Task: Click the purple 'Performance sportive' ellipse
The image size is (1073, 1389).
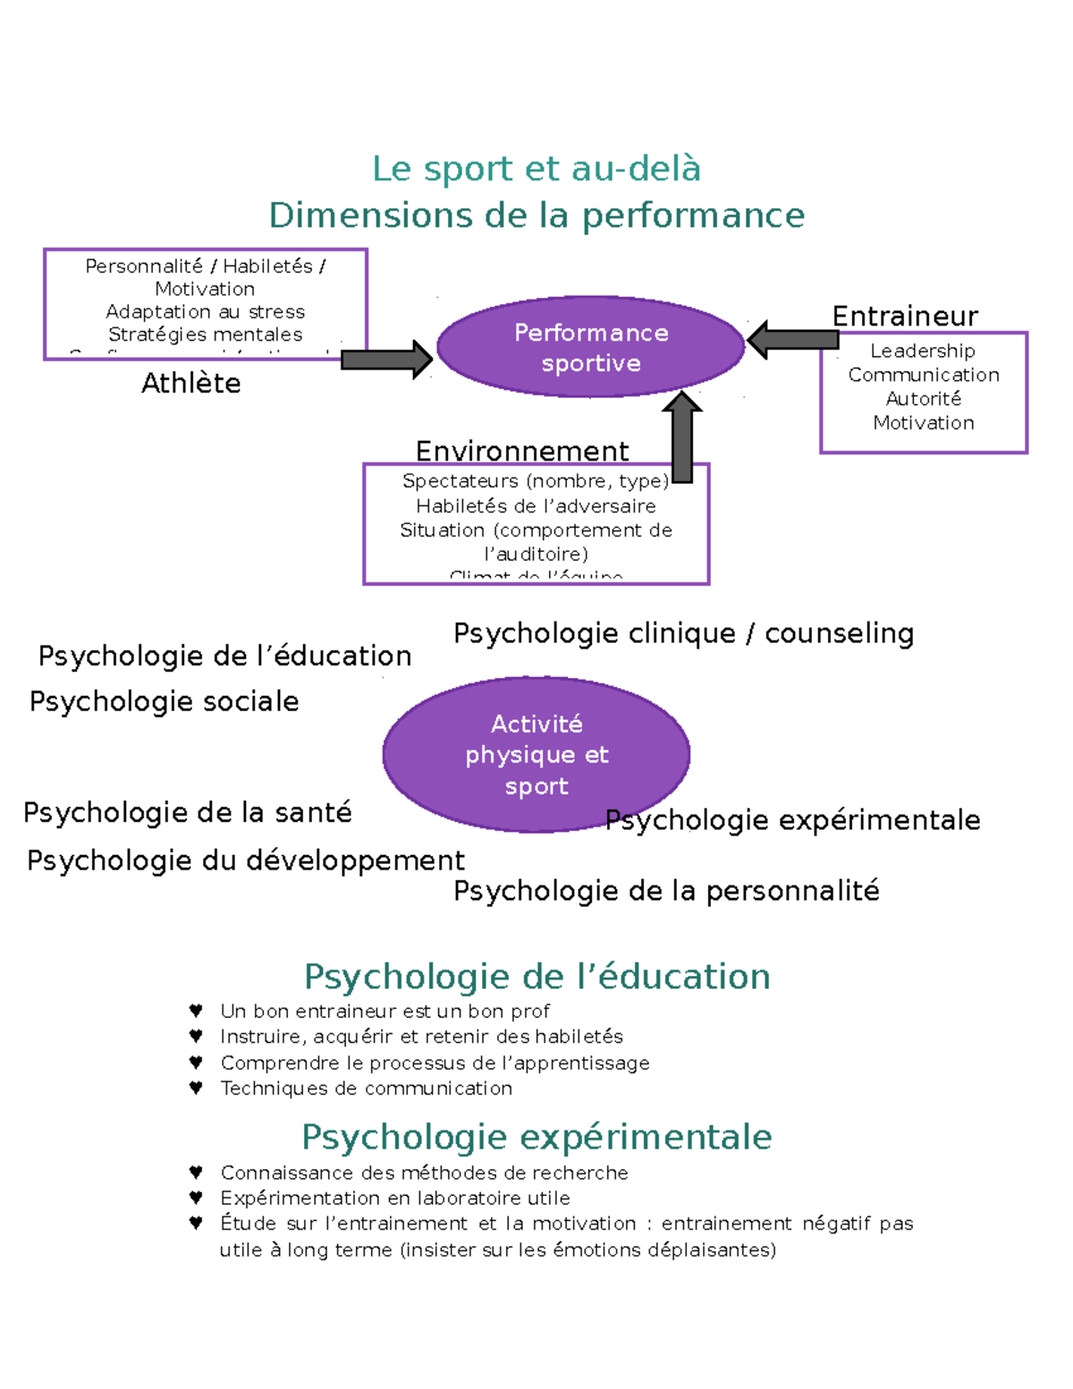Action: [x=590, y=347]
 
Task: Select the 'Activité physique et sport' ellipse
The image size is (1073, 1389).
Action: [x=536, y=754]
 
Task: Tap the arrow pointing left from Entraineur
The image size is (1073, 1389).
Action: [x=792, y=340]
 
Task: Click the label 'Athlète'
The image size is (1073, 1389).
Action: [x=191, y=384]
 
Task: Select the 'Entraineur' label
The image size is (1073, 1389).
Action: [x=905, y=317]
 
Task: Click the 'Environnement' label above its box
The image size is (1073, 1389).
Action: [x=522, y=451]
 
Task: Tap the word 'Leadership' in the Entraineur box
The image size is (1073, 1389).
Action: [x=923, y=351]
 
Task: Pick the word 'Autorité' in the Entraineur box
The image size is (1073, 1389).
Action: [x=924, y=399]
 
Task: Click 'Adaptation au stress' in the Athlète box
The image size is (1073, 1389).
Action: [x=206, y=312]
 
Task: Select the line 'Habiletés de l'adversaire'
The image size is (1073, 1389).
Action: [x=536, y=506]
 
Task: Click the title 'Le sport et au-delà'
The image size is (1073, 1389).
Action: [x=536, y=169]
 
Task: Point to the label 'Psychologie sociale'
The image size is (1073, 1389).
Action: [x=165, y=701]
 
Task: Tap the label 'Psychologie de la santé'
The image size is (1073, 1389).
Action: [x=188, y=812]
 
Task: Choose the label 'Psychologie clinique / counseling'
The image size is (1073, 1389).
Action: [x=683, y=633]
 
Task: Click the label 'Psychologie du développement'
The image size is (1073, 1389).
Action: [x=246, y=860]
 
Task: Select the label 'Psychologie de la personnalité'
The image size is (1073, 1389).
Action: [x=666, y=891]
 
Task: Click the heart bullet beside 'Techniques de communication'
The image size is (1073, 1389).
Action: [x=196, y=1088]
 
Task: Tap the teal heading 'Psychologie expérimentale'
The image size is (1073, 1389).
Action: [x=536, y=1137]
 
